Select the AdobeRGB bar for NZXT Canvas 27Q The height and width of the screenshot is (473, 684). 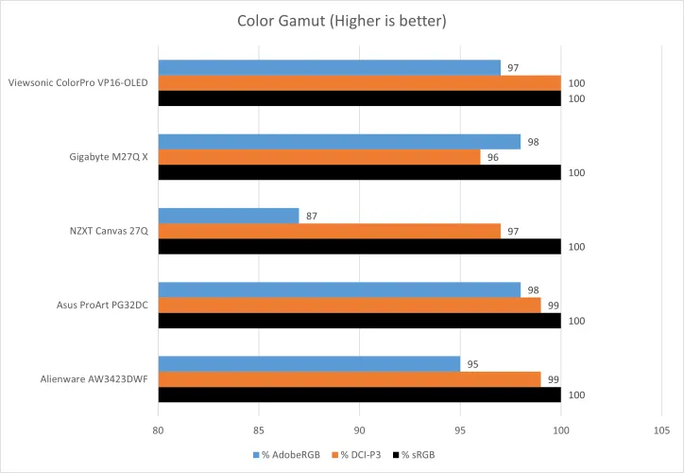tap(229, 216)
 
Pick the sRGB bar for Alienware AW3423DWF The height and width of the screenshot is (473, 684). tap(359, 394)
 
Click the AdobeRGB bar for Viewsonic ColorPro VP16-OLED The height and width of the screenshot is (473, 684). tap(329, 67)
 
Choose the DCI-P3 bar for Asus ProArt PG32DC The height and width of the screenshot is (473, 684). tap(350, 306)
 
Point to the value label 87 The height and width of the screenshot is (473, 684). tap(311, 217)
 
